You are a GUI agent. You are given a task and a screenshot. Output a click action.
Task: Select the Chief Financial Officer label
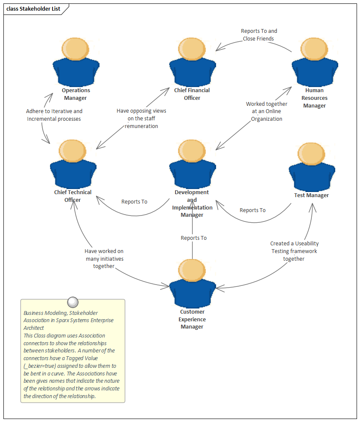pyautogui.click(x=192, y=94)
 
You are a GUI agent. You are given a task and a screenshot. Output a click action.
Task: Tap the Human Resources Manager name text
pyautogui.click(x=314, y=98)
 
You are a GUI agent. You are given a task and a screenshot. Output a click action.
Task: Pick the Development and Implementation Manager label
pyautogui.click(x=192, y=204)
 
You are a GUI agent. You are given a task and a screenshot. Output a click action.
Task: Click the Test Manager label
pyautogui.click(x=311, y=195)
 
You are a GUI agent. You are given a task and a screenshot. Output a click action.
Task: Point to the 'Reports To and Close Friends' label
pyautogui.click(x=259, y=35)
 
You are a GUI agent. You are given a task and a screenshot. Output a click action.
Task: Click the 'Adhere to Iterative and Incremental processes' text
pyautogui.click(x=54, y=115)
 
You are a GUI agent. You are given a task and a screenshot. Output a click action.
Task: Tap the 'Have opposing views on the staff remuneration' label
pyautogui.click(x=141, y=118)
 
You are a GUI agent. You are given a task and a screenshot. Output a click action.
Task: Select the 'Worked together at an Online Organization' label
pyautogui.click(x=266, y=111)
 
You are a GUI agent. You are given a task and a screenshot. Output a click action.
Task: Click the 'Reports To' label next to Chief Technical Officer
pyautogui.click(x=134, y=201)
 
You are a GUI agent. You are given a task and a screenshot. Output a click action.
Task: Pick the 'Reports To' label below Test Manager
pyautogui.click(x=252, y=210)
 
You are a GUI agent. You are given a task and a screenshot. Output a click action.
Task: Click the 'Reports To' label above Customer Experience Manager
pyautogui.click(x=193, y=238)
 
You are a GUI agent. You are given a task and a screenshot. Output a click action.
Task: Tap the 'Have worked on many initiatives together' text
pyautogui.click(x=104, y=259)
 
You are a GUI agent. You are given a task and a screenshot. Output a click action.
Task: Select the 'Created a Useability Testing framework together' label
pyautogui.click(x=294, y=251)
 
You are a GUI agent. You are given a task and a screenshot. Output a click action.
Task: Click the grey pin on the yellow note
pyautogui.click(x=73, y=302)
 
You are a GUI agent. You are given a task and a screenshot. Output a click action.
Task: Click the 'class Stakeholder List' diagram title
pyautogui.click(x=33, y=9)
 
